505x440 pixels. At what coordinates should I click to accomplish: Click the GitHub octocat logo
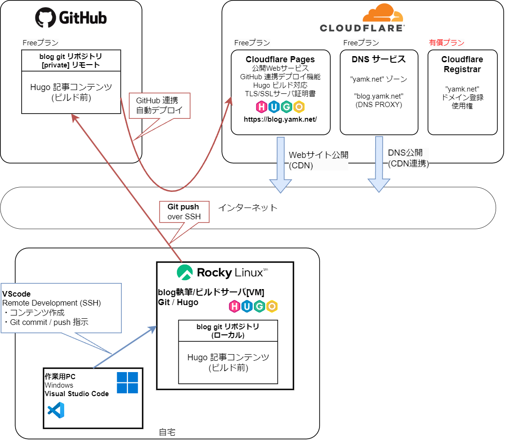[x=46, y=17]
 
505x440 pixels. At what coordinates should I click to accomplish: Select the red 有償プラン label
[x=446, y=42]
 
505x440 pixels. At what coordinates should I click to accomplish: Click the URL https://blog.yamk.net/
[x=280, y=119]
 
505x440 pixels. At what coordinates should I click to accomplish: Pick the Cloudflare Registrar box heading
[x=462, y=65]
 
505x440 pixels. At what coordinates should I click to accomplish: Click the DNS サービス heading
[x=379, y=59]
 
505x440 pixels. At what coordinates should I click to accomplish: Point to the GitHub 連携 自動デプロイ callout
[x=159, y=106]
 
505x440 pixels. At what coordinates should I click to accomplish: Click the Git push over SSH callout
[x=183, y=212]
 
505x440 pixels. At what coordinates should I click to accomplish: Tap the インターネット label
[x=247, y=208]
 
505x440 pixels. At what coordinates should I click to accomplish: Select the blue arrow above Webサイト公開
[x=280, y=165]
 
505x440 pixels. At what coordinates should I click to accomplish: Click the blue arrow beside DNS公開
[x=379, y=165]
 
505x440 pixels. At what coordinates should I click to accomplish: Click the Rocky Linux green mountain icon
[x=185, y=272]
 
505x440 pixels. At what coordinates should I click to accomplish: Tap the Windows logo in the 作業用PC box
[x=127, y=382]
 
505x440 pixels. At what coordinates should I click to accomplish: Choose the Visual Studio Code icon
[x=56, y=411]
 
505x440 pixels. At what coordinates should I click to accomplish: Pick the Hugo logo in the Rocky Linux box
[x=253, y=307]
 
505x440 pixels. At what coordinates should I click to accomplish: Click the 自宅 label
[x=167, y=432]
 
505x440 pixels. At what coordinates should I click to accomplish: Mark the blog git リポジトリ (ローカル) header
[x=227, y=331]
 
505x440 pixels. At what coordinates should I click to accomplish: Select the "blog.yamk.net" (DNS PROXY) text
[x=379, y=100]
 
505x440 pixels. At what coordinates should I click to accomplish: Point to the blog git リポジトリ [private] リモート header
[x=71, y=60]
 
